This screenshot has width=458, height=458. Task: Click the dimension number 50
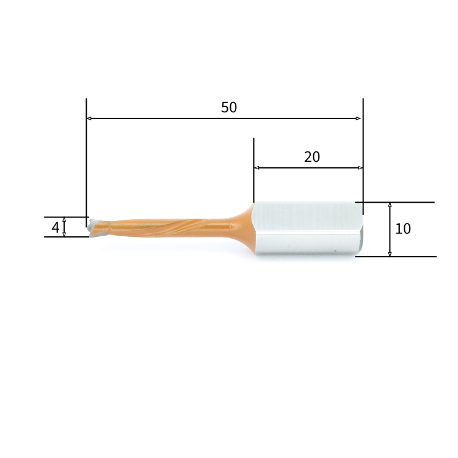(229, 107)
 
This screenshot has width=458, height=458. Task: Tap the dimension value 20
(312, 157)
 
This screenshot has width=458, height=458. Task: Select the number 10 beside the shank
(403, 229)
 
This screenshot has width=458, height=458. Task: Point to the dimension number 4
(56, 228)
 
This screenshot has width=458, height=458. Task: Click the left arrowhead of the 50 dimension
(89, 118)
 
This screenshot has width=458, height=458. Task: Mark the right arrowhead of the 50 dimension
(359, 118)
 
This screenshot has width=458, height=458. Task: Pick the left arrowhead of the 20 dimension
(256, 167)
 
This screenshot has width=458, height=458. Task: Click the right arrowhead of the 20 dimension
(360, 167)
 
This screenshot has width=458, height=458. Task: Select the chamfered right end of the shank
(360, 232)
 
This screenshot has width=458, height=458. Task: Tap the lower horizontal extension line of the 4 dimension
(61, 237)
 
